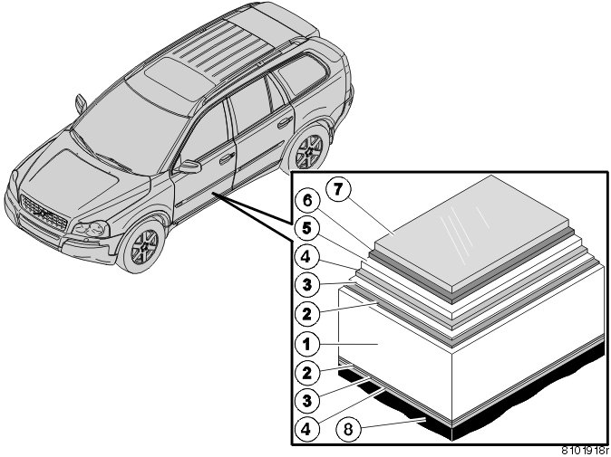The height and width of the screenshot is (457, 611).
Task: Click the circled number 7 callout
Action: pos(337,190)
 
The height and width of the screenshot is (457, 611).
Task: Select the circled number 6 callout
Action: pos(307,201)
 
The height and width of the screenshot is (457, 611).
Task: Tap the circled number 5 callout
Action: pos(307,229)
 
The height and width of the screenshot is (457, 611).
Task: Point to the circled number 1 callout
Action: pos(307,344)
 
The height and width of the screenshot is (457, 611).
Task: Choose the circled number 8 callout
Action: pos(348,429)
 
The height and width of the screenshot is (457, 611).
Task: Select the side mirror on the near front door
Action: pos(189,167)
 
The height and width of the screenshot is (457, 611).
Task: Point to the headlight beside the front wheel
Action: pos(91,229)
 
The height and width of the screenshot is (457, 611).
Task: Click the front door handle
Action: pos(227,157)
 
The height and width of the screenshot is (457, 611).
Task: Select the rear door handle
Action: pos(286,122)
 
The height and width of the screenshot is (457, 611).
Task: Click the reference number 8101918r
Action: pos(586,452)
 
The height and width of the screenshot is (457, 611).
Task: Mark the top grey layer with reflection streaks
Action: pos(473,231)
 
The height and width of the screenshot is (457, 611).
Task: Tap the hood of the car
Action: pos(78,175)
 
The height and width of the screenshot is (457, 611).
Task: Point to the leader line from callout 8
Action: pos(393,424)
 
